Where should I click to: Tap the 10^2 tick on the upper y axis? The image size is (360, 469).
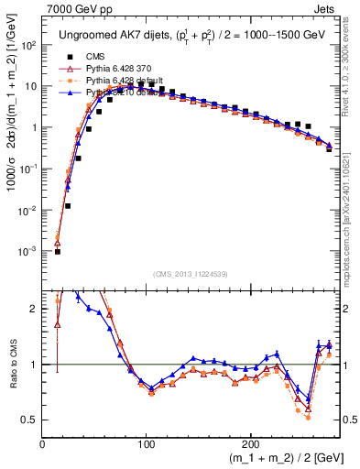point(30,45)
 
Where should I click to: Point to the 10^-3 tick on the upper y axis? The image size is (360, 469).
point(30,251)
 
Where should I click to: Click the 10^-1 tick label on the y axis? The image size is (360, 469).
point(30,169)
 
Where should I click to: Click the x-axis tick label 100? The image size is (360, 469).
point(147,442)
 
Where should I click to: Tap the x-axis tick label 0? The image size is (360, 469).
point(43,442)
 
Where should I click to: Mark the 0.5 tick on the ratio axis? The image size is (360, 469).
point(31,420)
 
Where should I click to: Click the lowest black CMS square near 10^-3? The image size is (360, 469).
point(57,251)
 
